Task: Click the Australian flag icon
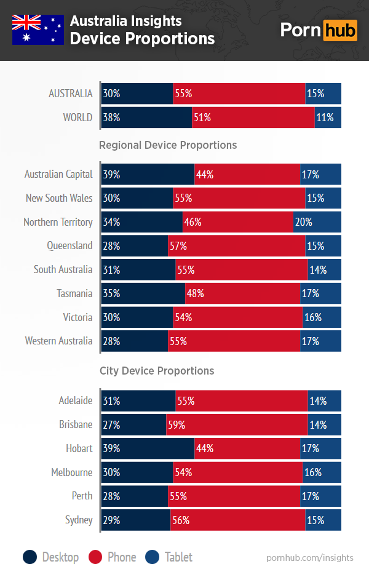click(38, 30)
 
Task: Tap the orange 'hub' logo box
click(339, 30)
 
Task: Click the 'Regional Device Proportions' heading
click(168, 145)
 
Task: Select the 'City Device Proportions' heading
click(157, 371)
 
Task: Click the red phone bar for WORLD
click(253, 117)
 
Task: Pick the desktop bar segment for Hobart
click(148, 448)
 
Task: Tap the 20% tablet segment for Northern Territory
click(317, 222)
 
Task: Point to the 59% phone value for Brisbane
click(177, 424)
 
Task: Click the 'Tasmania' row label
click(74, 293)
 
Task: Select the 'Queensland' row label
click(69, 245)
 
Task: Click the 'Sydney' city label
click(79, 520)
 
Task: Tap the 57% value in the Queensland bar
click(178, 246)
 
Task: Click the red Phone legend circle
click(97, 557)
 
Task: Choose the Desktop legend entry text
click(60, 557)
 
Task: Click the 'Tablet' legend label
click(178, 557)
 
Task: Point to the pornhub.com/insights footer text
click(310, 558)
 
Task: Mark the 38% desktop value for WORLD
click(112, 117)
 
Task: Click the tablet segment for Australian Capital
click(320, 175)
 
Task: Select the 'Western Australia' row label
click(58, 341)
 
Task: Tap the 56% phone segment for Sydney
click(237, 520)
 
